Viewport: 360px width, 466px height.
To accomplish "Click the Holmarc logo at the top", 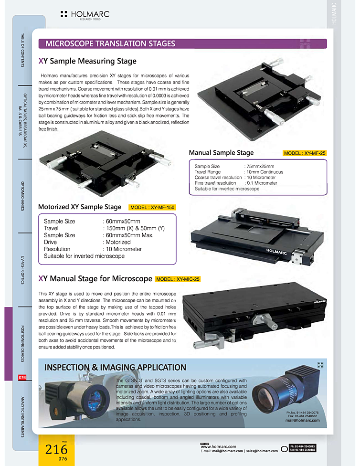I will pyautogui.click(x=85, y=15).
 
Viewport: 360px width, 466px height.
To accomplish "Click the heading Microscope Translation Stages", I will pyautogui.click(x=110, y=44).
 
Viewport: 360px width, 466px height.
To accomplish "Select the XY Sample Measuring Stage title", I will pyautogui.click(x=87, y=61).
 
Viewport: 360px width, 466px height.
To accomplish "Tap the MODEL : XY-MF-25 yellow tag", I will pyautogui.click(x=305, y=153).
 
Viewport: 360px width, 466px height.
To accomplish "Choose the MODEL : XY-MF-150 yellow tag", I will pyautogui.click(x=152, y=207).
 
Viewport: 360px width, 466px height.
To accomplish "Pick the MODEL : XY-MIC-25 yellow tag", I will pyautogui.click(x=178, y=279).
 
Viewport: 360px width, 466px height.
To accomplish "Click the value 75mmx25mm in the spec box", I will pyautogui.click(x=260, y=167).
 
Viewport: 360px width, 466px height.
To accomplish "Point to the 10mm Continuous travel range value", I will pyautogui.click(x=265, y=172).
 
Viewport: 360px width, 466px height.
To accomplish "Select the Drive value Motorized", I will pyautogui.click(x=117, y=242).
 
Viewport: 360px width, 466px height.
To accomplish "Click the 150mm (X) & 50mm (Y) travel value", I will pyautogui.click(x=135, y=228).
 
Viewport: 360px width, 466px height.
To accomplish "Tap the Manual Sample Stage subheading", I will pyautogui.click(x=221, y=153).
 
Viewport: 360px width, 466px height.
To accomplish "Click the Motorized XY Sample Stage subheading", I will pyautogui.click(x=80, y=207).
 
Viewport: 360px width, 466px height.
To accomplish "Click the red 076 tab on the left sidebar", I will pyautogui.click(x=22, y=378).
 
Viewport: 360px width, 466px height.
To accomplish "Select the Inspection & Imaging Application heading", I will pyautogui.click(x=115, y=367).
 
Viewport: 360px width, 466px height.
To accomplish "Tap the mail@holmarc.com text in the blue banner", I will pyautogui.click(x=302, y=420).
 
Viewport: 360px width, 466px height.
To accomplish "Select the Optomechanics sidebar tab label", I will pyautogui.click(x=22, y=196).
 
